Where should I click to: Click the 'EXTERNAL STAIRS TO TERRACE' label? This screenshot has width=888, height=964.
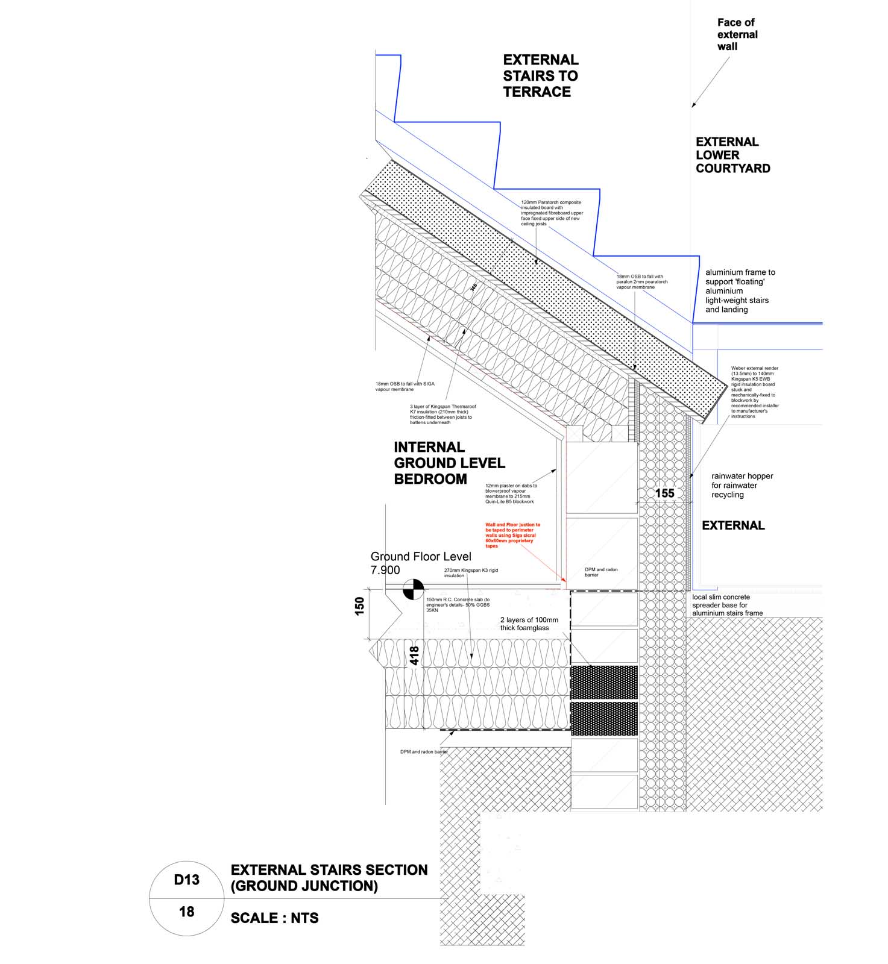pos(540,76)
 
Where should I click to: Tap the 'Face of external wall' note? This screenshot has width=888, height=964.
pos(737,34)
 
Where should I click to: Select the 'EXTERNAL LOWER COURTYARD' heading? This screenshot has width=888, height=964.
pos(732,155)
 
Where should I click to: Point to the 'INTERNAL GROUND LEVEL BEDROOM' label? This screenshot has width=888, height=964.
pos(449,463)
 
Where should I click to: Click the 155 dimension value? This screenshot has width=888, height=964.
pos(664,493)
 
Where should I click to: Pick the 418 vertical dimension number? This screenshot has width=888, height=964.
pos(415,656)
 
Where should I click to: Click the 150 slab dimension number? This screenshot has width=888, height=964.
pos(360,606)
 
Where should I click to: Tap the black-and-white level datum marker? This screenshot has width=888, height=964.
pos(413,589)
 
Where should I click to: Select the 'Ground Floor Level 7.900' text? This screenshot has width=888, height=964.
pos(420,563)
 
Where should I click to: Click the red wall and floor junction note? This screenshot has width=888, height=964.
pos(512,536)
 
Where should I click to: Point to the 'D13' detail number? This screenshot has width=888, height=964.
pos(186,880)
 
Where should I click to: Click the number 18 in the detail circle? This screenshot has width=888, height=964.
pos(186,912)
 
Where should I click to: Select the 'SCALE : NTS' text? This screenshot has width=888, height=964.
pos(274,918)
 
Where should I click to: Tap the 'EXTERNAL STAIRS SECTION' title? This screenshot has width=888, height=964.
pos(329,871)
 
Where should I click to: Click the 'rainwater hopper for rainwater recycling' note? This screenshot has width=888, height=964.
pos(742,485)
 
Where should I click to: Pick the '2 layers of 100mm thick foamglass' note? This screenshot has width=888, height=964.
pos(529,624)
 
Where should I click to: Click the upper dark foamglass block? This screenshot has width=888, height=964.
pos(603,682)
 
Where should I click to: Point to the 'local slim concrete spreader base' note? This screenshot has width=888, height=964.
pos(727,605)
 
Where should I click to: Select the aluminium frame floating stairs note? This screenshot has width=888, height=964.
pos(740,291)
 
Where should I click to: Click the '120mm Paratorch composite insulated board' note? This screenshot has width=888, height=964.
pos(552,213)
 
